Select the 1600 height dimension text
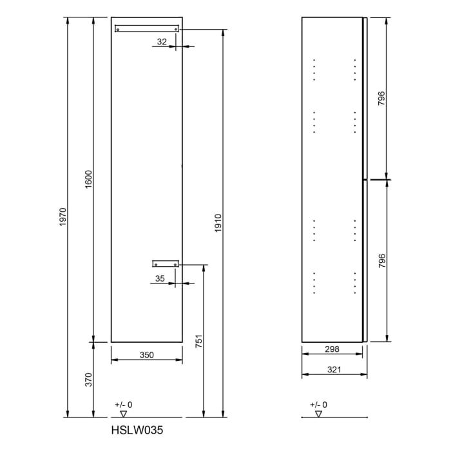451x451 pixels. click(89, 178)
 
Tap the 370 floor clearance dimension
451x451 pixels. click(89, 379)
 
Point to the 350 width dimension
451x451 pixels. click(147, 354)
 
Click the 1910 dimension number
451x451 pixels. click(218, 223)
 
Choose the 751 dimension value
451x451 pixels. click(199, 341)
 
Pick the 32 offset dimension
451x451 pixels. click(162, 41)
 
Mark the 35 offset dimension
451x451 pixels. click(160, 278)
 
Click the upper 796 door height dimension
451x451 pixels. click(381, 98)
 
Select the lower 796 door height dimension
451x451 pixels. click(381, 260)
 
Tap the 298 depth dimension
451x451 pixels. click(332, 349)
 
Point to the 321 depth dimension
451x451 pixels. click(334, 370)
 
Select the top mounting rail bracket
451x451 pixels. click(146, 28)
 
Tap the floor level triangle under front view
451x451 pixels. click(124, 413)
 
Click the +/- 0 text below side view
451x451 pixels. click(318, 404)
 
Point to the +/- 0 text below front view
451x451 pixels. click(123, 404)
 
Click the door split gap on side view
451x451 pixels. click(365, 178)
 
